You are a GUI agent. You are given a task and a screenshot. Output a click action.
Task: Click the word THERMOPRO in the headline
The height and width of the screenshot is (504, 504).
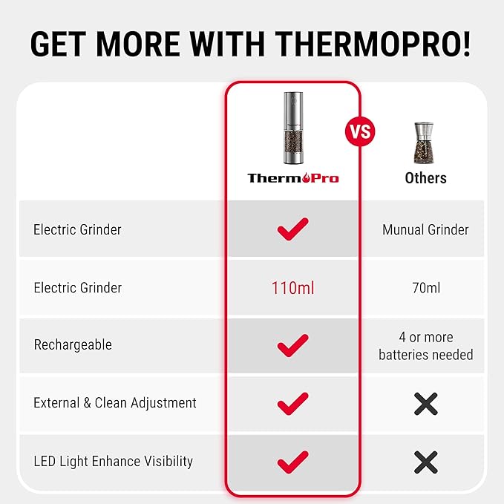pos(371,44)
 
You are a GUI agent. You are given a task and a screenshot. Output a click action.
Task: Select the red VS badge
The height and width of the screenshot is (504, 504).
pos(360,133)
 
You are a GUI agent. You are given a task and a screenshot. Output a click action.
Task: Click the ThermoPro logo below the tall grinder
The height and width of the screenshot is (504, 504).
pos(292,178)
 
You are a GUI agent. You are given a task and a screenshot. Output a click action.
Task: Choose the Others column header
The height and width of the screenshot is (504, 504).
pos(425,178)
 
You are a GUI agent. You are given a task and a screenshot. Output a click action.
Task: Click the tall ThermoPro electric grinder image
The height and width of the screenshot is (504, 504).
pos(292,128)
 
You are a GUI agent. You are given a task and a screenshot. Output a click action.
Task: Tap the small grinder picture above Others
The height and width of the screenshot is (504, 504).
pos(425,143)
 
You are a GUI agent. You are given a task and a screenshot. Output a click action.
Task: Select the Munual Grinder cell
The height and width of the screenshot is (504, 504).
pos(425,229)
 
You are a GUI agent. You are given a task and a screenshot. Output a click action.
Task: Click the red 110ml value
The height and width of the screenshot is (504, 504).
pos(292,287)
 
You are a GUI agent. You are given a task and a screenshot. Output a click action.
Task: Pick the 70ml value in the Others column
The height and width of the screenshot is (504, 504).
pos(425,287)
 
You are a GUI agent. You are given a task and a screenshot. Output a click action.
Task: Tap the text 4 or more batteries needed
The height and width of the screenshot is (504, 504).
pos(425,346)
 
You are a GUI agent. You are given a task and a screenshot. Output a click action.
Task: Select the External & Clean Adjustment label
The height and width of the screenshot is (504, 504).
pos(115,403)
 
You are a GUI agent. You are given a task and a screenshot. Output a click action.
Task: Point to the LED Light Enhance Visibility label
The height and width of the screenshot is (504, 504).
pos(113,461)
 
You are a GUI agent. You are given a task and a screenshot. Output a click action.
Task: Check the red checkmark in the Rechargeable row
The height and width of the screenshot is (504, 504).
pos(292,345)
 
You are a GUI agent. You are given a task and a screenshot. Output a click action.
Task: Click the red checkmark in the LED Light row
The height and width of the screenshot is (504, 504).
pos(292,461)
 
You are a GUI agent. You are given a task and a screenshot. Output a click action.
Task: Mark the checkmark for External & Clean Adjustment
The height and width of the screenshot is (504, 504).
pos(292,403)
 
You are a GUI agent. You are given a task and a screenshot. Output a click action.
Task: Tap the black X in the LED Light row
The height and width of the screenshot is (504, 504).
pos(425,462)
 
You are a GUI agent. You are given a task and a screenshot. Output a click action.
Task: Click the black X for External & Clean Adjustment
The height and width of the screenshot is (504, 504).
pos(425,403)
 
